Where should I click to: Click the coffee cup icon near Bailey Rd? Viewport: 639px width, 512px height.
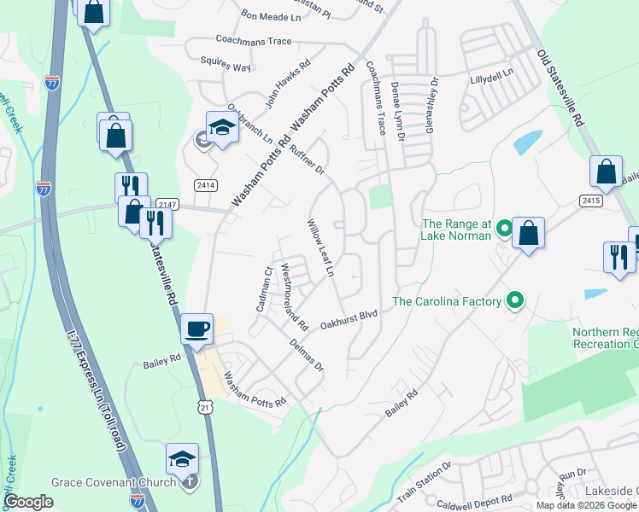(x=196, y=329)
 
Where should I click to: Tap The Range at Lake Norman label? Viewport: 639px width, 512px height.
(x=457, y=230)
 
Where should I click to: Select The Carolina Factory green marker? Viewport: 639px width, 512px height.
(x=514, y=300)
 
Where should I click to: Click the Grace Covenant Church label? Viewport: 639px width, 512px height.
(x=114, y=482)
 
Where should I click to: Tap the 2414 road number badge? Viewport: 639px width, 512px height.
(x=206, y=184)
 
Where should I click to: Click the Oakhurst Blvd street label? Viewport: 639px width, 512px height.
(x=349, y=319)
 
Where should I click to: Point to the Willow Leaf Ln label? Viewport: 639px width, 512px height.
(x=319, y=247)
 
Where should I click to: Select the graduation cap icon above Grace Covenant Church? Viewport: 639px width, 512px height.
(x=183, y=459)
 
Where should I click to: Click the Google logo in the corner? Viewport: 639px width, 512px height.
(x=28, y=502)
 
